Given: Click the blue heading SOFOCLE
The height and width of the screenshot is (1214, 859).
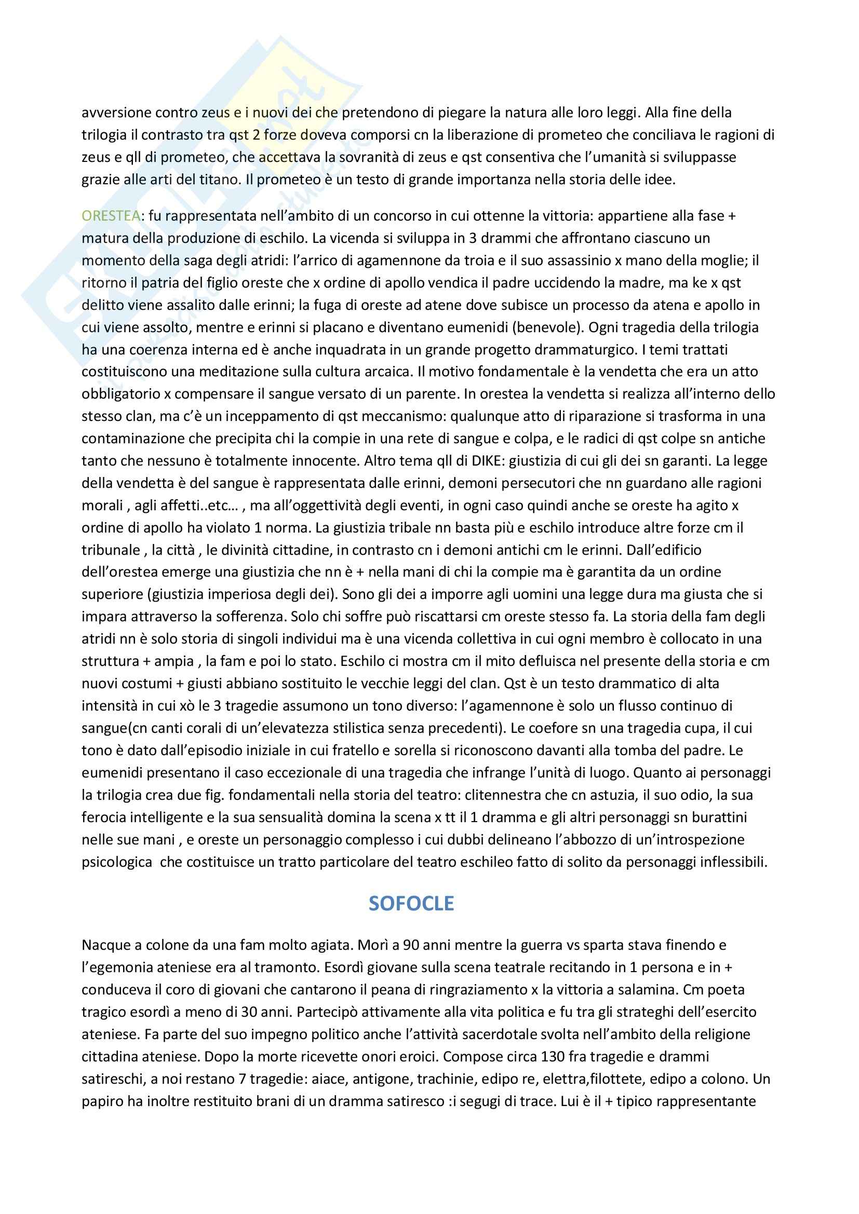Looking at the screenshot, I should (x=411, y=903).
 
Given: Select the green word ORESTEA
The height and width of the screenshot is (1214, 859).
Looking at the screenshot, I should (x=111, y=216).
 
